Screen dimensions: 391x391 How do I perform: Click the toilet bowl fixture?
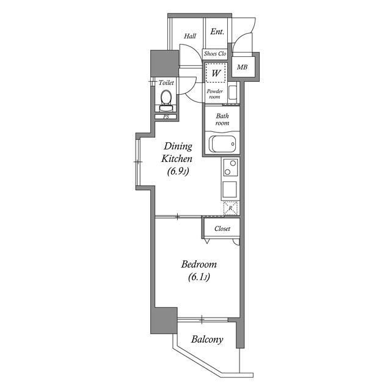click(x=166, y=100)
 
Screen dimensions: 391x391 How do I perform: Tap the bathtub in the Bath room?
click(x=224, y=144)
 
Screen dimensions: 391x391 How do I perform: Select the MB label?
click(x=242, y=67)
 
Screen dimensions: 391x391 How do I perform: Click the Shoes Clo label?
click(x=214, y=54)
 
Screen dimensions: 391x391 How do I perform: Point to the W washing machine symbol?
click(x=216, y=73)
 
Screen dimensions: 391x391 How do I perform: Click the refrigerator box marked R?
click(x=231, y=208)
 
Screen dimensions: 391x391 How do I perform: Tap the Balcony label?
click(x=207, y=340)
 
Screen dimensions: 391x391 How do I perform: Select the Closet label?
click(x=222, y=228)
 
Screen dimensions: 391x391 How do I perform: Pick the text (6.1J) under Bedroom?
click(x=199, y=277)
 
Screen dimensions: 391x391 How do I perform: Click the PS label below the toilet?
click(x=166, y=117)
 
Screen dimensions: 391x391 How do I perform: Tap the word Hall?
click(x=190, y=36)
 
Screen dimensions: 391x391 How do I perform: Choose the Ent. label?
click(x=217, y=32)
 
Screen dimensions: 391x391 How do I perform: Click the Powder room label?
click(x=214, y=93)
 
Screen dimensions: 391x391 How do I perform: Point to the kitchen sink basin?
click(x=230, y=189)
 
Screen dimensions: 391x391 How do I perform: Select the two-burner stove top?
click(x=230, y=167)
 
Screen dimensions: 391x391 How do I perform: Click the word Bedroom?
click(x=199, y=264)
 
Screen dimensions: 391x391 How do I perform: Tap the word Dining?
click(x=178, y=146)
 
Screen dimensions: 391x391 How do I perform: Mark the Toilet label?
click(x=166, y=82)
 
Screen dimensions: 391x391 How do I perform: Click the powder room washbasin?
click(x=233, y=92)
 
